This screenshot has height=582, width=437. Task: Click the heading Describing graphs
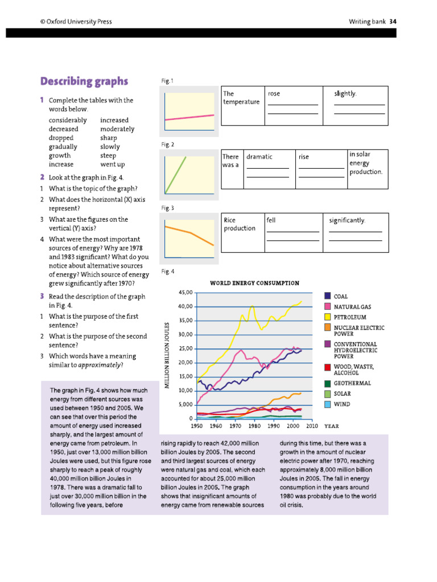pos(84,81)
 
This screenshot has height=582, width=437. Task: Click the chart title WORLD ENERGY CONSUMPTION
pos(254,282)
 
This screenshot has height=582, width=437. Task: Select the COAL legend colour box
pos(328,296)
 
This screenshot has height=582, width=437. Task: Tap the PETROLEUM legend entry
pos(349,317)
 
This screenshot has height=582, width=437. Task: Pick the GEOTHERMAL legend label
pos(352,383)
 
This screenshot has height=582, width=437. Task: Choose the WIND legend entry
pos(341,404)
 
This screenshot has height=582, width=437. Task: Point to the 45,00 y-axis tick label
pos(186,292)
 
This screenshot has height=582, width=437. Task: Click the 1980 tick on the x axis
pos(254,425)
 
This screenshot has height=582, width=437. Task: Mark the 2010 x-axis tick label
pos(312,425)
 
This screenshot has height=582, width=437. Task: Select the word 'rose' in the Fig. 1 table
pos(274,94)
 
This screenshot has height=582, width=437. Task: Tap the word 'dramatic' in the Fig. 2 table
pos(259,157)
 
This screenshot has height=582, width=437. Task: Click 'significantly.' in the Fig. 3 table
pos(347,220)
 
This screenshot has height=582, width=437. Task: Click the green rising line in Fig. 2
pos(176,173)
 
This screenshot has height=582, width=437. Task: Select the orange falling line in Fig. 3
pos(189,234)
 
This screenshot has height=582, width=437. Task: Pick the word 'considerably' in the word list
pos(68,120)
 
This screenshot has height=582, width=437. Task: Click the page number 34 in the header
pos(393,22)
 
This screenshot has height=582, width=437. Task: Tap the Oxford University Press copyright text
pos(76,22)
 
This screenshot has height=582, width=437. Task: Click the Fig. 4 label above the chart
pos(167,271)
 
